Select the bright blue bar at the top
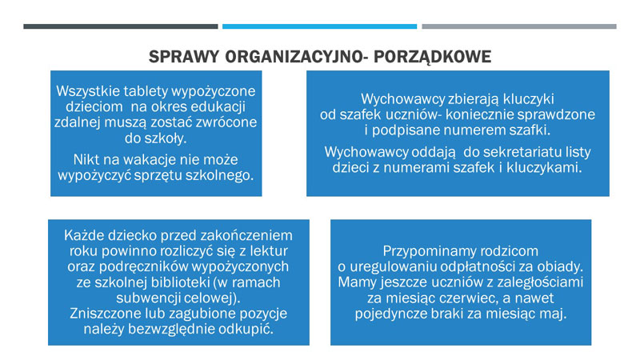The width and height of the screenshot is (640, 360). coord(320,26)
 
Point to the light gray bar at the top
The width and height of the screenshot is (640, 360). coord(519,26)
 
